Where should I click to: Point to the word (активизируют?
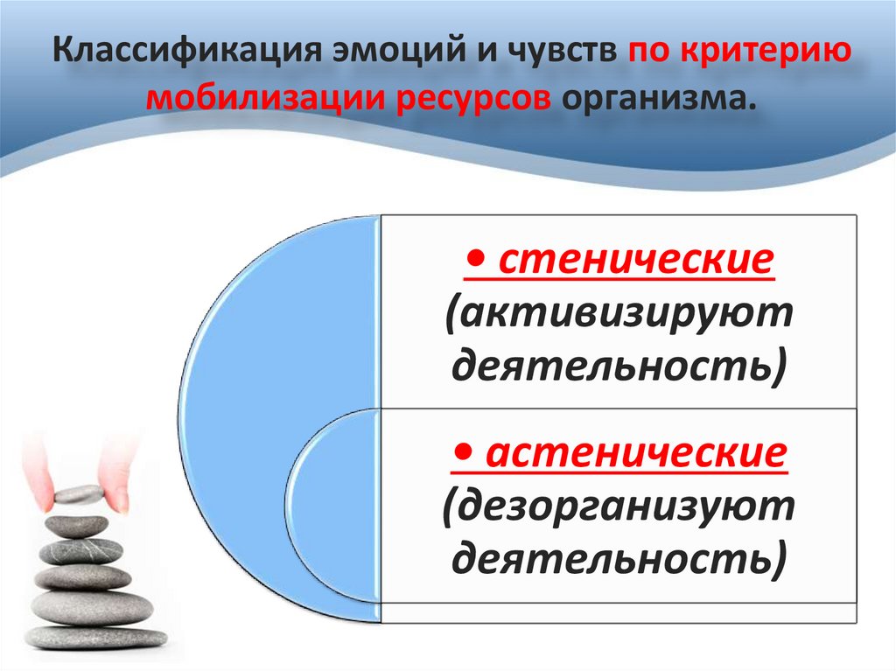(619, 312)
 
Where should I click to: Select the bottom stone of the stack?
(96, 636)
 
